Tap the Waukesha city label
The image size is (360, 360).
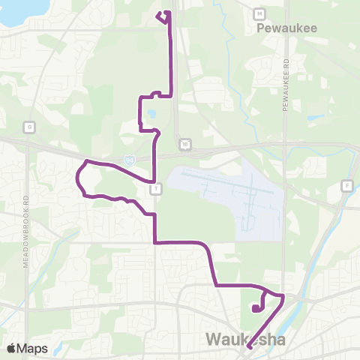246,341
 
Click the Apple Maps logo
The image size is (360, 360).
27,349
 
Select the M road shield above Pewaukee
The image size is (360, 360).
259,13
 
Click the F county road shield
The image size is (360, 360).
346,185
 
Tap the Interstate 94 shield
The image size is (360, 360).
130,160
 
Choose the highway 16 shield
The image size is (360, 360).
184,143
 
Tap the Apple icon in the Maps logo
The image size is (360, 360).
11,349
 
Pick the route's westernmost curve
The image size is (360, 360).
77,178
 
